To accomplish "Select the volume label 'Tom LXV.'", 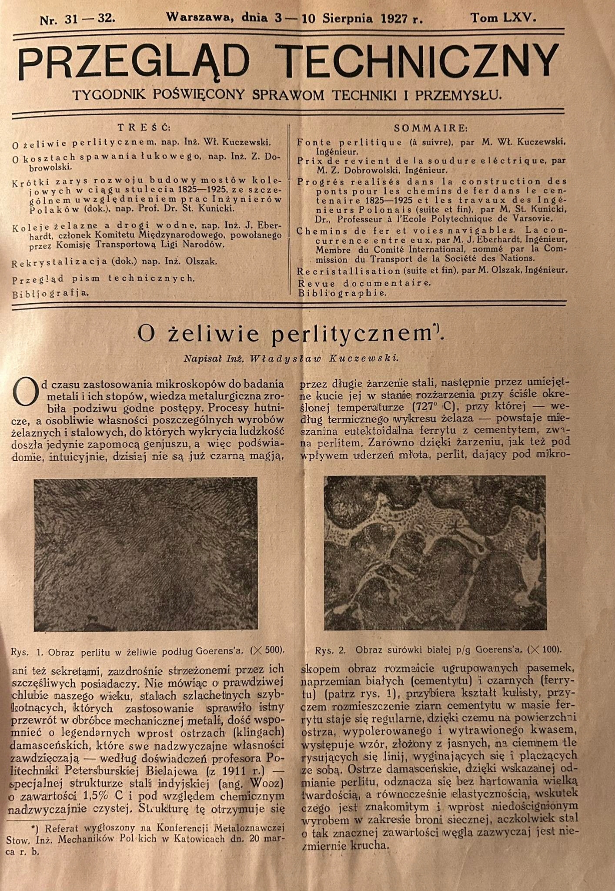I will point(504,18).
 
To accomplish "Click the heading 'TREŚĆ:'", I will point(144,127).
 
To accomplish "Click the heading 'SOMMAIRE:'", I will point(431,128).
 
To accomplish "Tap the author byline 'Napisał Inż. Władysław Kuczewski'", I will point(291,358).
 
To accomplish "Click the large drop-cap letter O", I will point(24,391).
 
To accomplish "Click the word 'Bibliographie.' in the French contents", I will point(342,293).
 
